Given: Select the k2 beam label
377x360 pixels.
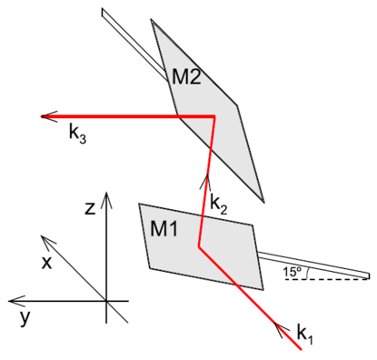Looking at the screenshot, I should (219, 204).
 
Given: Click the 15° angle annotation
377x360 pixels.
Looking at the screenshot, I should (293, 271).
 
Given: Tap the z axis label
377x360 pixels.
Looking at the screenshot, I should (89, 208).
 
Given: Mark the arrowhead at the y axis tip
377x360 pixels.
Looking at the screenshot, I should (12, 300).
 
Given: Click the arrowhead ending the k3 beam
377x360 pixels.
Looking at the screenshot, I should (46, 115).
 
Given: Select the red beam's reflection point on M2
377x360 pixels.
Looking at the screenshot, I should (213, 116).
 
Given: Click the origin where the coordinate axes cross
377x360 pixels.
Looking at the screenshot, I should (106, 300).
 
